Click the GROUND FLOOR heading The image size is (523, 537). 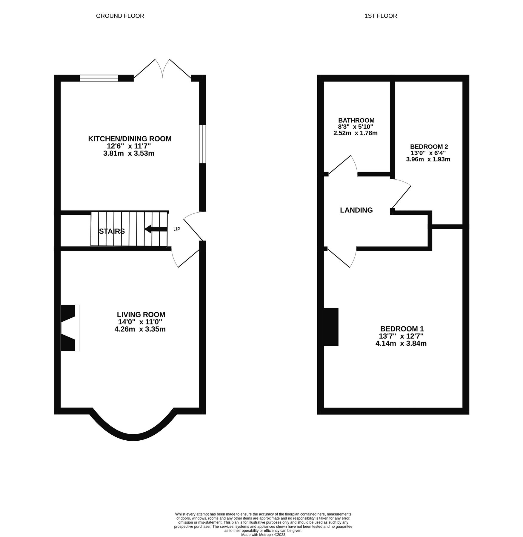pos(120,16)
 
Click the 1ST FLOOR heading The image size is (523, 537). pos(381,16)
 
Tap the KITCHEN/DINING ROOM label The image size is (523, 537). pos(130,139)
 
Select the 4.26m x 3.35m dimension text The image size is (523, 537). pos(140,329)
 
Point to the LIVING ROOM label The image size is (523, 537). pos(141,314)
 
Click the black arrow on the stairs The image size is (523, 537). pos(156,229)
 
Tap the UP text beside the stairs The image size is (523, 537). pos(177,229)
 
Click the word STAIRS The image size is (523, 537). pos(112,231)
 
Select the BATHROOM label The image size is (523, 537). pos(356,120)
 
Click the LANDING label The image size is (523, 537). pos(356,210)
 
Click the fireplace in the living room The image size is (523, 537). pos(70,328)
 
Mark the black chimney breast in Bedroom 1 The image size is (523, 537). pos(331,327)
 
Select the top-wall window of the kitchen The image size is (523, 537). pos(99,78)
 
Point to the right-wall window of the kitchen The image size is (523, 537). pos(202,144)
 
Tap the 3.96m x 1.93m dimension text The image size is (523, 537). pos(428,159)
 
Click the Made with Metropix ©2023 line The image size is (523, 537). pos(263,535)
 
